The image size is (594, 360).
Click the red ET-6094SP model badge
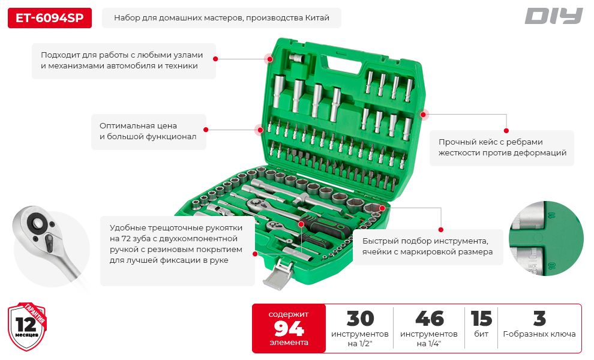point(50,18)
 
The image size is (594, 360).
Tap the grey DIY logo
point(553,16)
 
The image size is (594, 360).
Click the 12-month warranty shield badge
point(27,326)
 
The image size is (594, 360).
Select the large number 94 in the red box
point(289,329)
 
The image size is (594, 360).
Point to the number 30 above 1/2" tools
point(360,319)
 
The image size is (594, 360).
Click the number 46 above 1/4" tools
point(429,319)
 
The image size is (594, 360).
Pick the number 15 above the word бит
point(481,319)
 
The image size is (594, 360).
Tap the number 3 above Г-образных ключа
point(539,319)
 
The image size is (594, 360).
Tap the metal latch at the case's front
point(278,272)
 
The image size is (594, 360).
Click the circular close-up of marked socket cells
point(546,238)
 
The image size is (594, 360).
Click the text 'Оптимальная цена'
point(138,126)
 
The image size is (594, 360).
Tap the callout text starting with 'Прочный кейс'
point(502,148)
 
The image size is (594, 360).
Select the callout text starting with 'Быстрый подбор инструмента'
point(427,247)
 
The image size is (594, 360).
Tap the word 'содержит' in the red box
point(288,314)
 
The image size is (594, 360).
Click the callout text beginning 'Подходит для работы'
point(122,60)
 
